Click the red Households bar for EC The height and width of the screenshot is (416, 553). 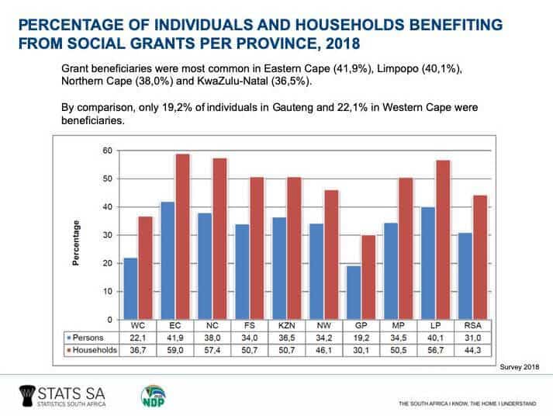182,237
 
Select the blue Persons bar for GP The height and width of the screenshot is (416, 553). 353,293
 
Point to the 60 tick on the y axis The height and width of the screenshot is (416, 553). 108,151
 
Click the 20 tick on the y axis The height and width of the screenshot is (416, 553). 108,263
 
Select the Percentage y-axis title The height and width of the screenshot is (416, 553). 76,242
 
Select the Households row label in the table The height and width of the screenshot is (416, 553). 92,351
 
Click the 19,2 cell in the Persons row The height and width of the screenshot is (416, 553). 361,339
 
